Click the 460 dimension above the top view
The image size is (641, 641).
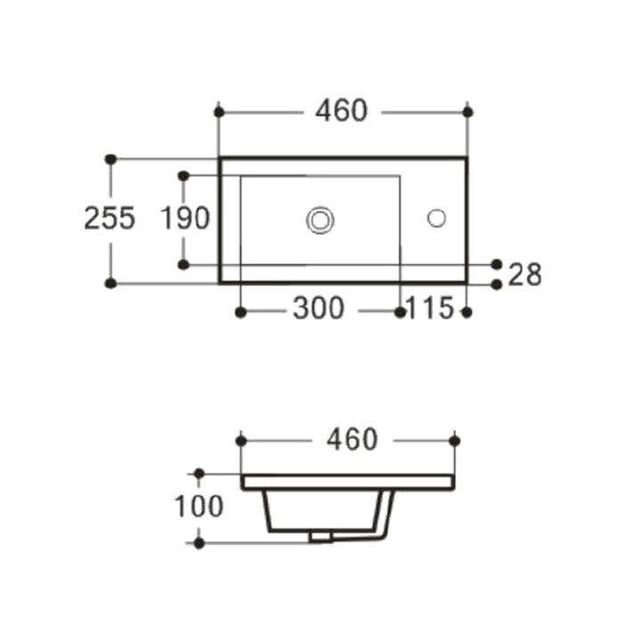coord(341,111)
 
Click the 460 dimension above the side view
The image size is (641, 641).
coord(352,440)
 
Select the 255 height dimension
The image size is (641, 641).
coord(110,218)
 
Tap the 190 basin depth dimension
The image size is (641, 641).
coord(184,218)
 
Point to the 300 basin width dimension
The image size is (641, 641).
coord(318,309)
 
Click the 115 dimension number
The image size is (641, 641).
coord(430,309)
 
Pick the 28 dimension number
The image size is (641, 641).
coord(525,275)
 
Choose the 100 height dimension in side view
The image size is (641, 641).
coord(199,507)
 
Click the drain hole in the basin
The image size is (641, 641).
coord(319,218)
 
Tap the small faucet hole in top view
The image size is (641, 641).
coord(436,217)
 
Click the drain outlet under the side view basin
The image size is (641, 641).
coord(320,537)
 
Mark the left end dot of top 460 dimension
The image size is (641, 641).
coord(219,111)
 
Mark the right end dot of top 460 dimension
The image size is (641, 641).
coord(468,111)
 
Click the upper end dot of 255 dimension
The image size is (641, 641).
coord(110,158)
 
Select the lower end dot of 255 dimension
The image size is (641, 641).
coord(110,283)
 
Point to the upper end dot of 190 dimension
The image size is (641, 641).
coord(183,176)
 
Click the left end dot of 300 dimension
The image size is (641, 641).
coord(239,312)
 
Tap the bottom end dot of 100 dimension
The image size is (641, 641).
coord(199,542)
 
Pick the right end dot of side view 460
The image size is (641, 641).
coord(455,440)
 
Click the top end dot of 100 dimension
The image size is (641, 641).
coord(199,474)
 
